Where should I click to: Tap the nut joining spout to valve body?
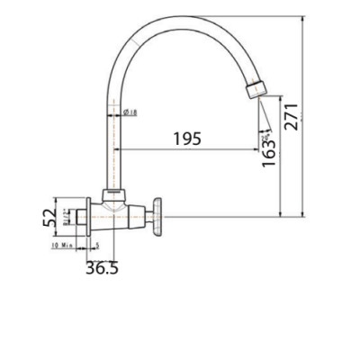coord(112,194)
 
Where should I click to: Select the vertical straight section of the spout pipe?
coord(112,144)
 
